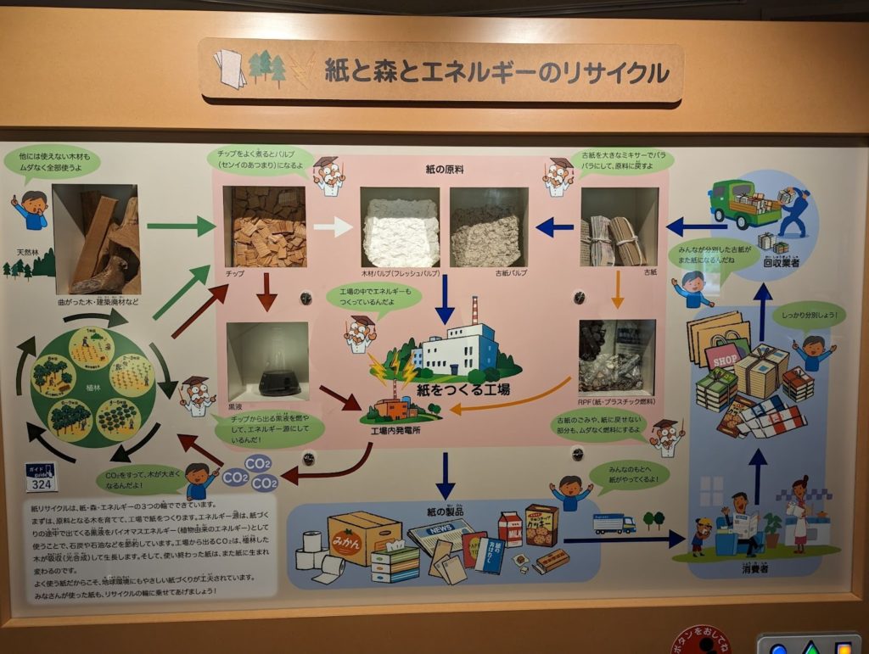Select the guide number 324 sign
(x=40, y=477)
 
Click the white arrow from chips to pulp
(x=333, y=226)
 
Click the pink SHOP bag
(x=723, y=355)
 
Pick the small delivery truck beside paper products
(x=614, y=523)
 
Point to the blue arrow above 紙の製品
(x=445, y=476)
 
